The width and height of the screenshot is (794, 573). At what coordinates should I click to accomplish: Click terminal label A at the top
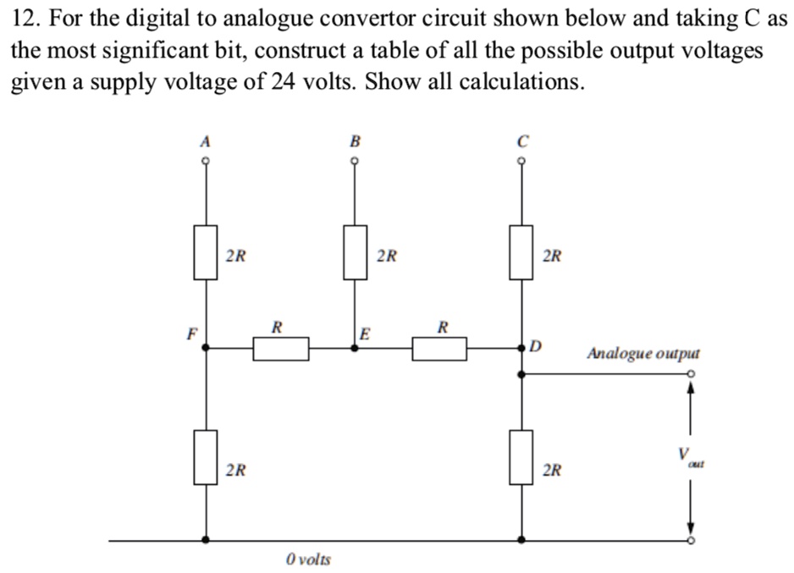click(x=204, y=141)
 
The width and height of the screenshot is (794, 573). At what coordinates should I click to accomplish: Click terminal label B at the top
click(x=354, y=141)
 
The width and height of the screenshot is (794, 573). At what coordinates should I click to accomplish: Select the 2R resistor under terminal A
click(x=204, y=252)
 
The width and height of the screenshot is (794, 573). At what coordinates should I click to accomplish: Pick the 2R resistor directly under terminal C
click(x=521, y=252)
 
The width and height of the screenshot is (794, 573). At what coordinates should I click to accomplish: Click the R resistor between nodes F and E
click(x=280, y=347)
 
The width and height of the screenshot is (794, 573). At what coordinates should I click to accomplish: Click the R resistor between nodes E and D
click(x=440, y=347)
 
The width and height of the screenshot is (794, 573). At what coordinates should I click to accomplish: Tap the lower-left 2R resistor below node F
click(x=204, y=458)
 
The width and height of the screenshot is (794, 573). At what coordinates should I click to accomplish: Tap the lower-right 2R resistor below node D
click(x=521, y=458)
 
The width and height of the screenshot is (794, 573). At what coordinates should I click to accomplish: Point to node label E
click(x=365, y=333)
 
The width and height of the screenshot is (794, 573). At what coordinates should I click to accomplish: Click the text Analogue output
click(x=643, y=353)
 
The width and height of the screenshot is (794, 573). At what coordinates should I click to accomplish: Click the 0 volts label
click(x=308, y=559)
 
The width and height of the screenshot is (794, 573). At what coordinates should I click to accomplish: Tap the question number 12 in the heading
click(x=24, y=19)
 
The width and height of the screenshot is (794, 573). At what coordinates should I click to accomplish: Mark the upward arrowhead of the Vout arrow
click(x=691, y=388)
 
